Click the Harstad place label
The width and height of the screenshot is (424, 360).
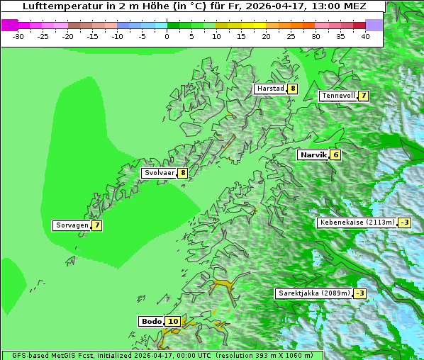[x=270, y=89]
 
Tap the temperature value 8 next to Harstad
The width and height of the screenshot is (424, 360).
[x=292, y=89]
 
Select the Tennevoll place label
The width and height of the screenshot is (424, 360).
[x=338, y=96]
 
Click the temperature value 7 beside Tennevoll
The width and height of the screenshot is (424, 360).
[x=363, y=96]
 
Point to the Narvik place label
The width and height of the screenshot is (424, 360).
[x=313, y=154]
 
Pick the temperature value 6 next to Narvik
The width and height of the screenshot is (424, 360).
[x=335, y=154]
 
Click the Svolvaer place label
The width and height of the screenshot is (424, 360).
[x=160, y=173]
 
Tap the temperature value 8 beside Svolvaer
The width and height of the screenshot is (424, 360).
[x=182, y=173]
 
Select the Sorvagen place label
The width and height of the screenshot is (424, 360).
[x=72, y=225]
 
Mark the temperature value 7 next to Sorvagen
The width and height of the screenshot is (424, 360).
[x=96, y=225]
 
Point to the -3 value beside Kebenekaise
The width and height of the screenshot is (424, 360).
[x=404, y=223]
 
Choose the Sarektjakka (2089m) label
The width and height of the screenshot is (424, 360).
[x=313, y=293]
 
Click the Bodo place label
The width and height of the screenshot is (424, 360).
[x=151, y=321]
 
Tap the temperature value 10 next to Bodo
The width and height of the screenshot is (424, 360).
[x=172, y=321]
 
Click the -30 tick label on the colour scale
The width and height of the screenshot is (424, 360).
[x=18, y=35]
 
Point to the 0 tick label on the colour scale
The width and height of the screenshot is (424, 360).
[x=167, y=35]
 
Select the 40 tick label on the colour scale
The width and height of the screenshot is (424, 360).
[x=365, y=35]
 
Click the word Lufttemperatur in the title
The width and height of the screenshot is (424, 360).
[x=55, y=6]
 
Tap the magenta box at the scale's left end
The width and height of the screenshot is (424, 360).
[x=9, y=25]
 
